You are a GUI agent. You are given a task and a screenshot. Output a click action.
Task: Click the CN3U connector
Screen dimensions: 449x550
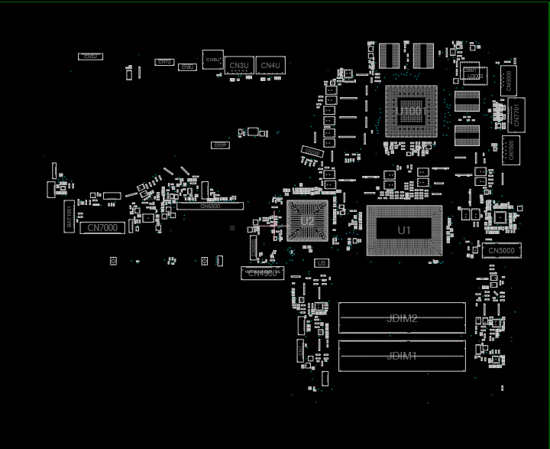239,66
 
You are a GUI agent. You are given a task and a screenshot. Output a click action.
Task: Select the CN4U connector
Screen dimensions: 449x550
270,66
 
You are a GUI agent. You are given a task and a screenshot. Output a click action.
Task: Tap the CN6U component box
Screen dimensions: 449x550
213,60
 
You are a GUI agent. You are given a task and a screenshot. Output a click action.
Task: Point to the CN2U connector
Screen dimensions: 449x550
90,57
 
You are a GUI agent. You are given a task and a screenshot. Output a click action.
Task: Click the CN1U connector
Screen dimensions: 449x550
164,62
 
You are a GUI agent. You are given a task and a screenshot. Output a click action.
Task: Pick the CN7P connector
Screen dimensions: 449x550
220,145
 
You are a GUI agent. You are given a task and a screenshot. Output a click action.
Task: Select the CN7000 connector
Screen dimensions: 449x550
102,228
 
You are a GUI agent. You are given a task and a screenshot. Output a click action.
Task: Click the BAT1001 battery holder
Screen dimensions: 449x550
70,216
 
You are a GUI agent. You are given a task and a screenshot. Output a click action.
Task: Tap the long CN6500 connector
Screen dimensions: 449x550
210,206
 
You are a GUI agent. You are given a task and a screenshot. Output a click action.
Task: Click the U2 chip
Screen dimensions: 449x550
307,221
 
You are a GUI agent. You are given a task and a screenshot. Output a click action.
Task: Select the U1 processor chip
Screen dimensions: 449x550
404,230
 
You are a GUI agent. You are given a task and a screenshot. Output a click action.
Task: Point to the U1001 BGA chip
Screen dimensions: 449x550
411,112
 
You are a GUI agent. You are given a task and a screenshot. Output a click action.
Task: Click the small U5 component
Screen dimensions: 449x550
322,263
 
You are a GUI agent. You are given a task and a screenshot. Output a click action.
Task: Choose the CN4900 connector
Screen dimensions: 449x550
262,273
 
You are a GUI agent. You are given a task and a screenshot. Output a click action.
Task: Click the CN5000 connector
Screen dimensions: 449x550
502,251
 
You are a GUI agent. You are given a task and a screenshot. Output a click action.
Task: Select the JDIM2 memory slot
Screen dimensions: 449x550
402,317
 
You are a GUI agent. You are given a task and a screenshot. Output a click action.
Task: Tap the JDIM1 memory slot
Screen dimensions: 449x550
402,356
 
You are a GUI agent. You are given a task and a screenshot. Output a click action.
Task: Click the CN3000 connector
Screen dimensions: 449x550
509,81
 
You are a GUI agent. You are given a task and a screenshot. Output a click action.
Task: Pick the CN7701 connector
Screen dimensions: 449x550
516,115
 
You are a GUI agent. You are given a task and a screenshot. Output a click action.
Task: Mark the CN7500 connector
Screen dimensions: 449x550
511,150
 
